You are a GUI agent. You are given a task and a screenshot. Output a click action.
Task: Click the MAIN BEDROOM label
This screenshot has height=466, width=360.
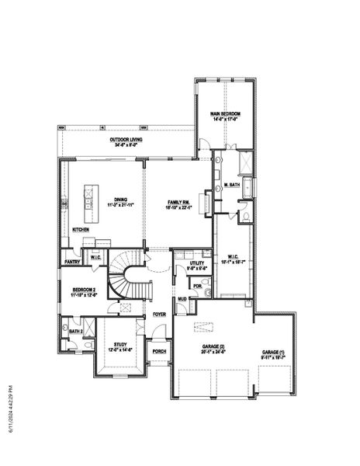pos(224,115)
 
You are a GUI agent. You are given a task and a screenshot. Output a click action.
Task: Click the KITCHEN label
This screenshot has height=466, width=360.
pos(81,230)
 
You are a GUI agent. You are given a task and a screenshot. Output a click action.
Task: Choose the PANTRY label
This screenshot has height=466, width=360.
pos(73,262)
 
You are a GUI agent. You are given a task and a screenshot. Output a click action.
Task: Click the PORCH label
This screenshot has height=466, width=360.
pos(159,351)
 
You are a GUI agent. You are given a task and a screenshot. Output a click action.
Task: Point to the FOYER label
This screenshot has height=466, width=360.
pos(159,315)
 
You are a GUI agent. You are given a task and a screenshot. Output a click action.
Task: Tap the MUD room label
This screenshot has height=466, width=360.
pos(181,299)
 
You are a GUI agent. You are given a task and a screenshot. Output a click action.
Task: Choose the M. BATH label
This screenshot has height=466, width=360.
pos(230,185)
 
